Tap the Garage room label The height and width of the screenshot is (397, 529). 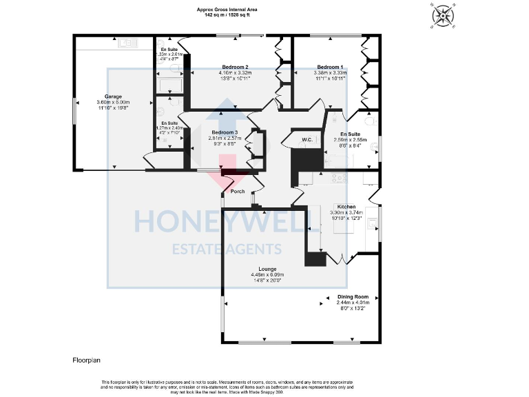tap(113, 96)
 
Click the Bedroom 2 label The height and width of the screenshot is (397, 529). tap(236, 67)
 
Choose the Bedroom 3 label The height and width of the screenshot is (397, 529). tap(225, 132)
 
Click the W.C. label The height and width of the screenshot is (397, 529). tap(307, 140)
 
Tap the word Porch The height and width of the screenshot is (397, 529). tap(238, 191)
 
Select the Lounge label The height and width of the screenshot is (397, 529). tap(268, 269)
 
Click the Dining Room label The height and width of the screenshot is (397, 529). tap(353, 296)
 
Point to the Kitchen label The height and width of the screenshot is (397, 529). tap(346, 207)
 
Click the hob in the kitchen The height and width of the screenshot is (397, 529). tap(339, 178)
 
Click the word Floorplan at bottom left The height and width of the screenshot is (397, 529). tap(87, 360)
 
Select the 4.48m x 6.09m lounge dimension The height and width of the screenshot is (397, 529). tap(268, 275)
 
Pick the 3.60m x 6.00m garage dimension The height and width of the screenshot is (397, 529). tap(113, 102)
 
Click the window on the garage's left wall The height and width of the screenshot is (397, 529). tap(74, 110)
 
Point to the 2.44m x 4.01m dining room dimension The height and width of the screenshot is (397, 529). tap(353, 303)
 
